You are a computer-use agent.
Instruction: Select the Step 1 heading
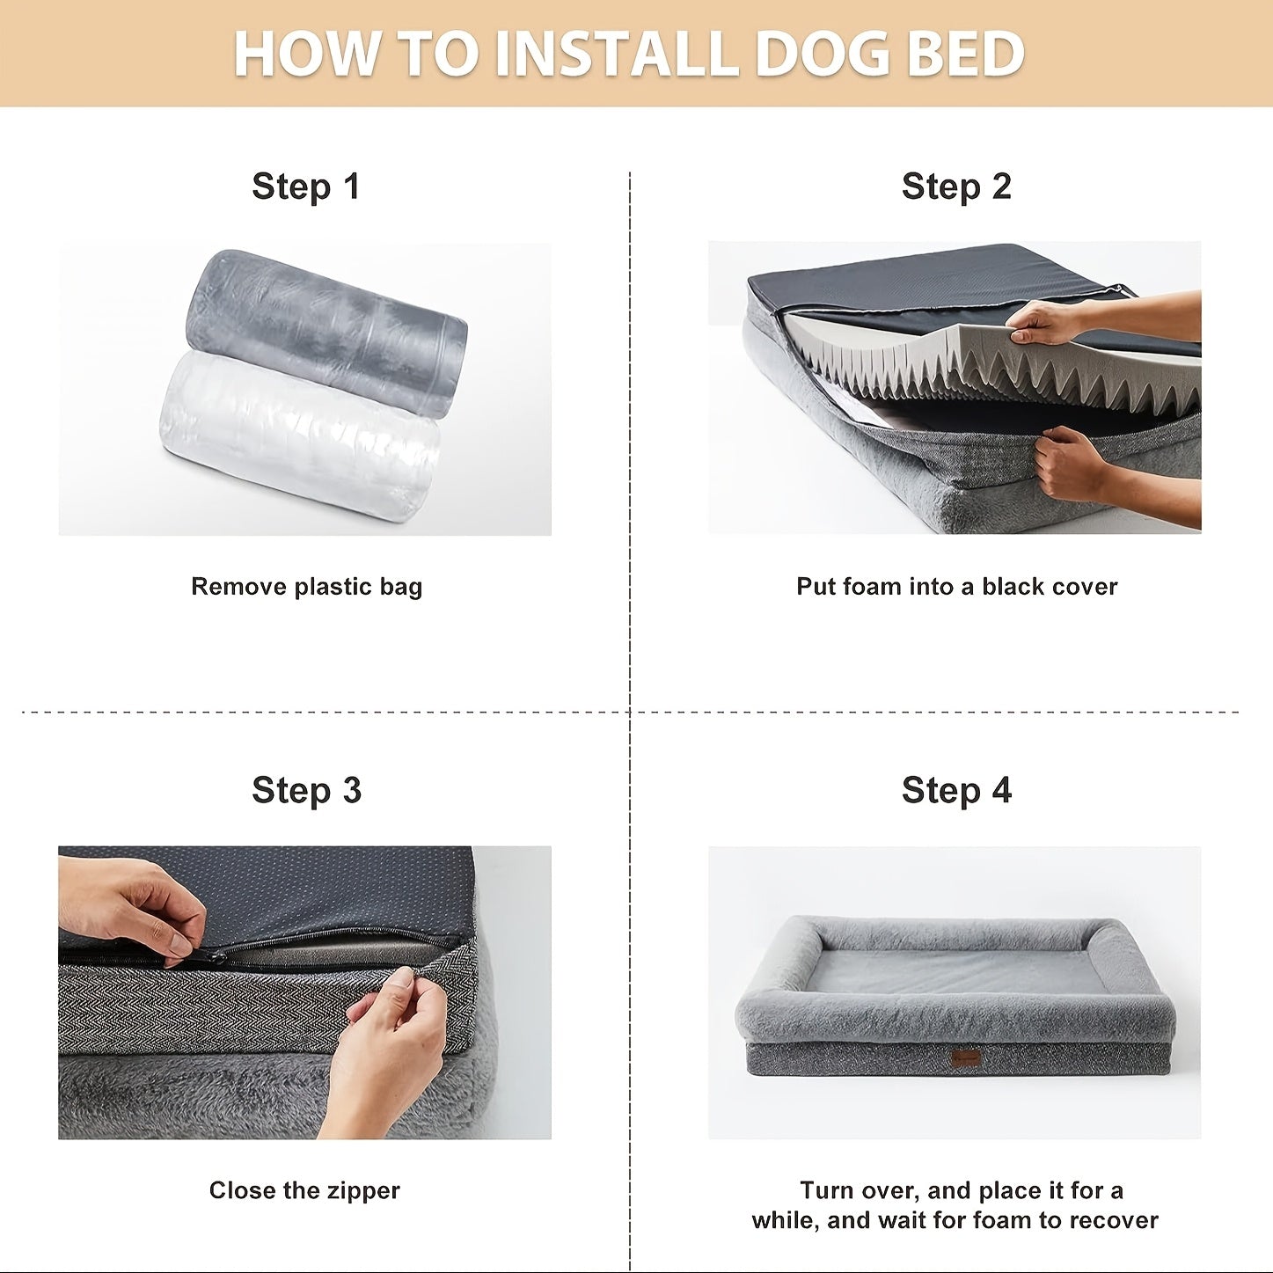pos(306,187)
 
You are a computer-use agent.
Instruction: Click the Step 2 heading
pos(956,187)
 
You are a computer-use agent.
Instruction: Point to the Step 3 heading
pos(306,790)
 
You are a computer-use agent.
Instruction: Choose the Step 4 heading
pos(956,790)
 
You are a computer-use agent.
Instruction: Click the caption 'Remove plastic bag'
pos(306,587)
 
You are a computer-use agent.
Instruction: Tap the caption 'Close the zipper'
pos(304,1190)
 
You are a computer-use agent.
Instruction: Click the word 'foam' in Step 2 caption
pos(872,586)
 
